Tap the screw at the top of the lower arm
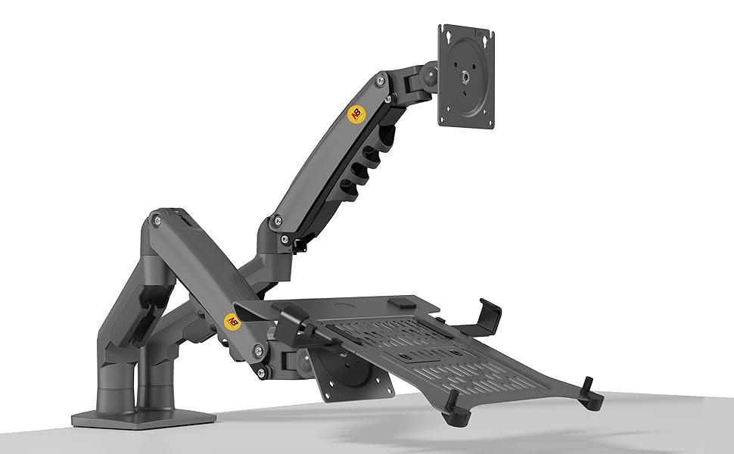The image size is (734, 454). click(157, 220)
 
